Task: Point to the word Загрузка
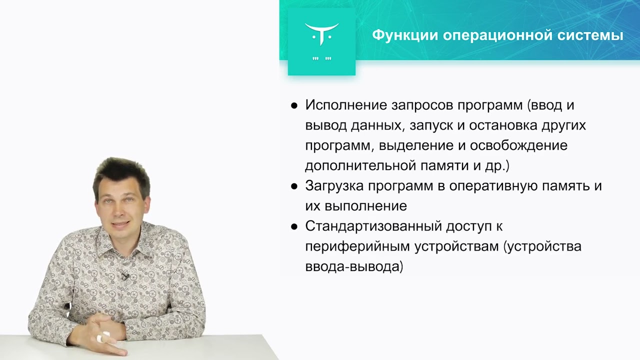click(x=333, y=186)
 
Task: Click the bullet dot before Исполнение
click(x=294, y=106)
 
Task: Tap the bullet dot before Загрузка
click(x=294, y=186)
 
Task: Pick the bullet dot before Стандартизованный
click(x=294, y=226)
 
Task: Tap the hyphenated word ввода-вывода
click(x=354, y=266)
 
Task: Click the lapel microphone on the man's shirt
click(x=123, y=275)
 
